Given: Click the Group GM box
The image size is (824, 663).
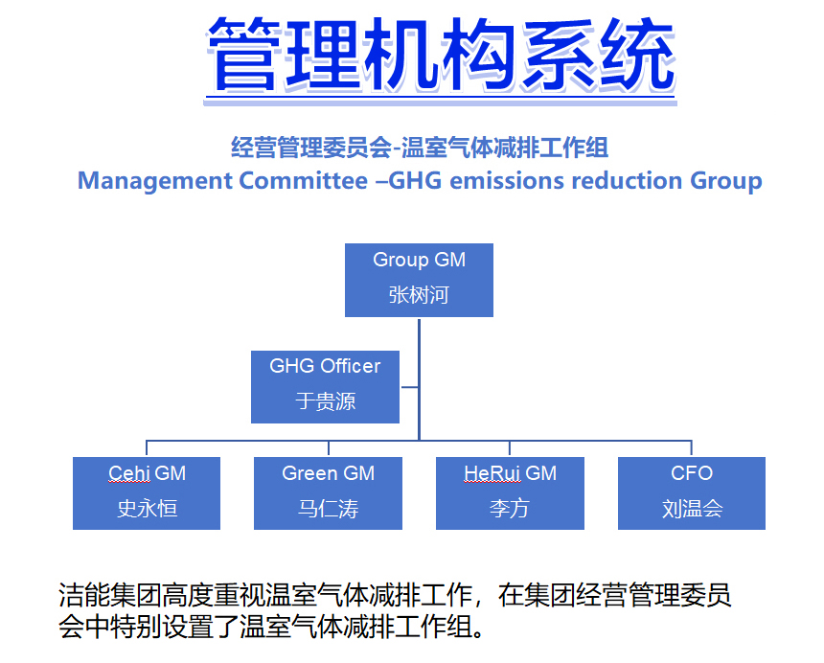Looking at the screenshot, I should [x=419, y=279].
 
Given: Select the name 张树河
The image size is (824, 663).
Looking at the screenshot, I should [x=419, y=295].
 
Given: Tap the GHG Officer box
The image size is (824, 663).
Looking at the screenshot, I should [x=325, y=386].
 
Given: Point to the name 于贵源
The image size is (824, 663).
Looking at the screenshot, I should [x=325, y=401].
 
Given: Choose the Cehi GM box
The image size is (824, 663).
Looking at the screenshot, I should [x=147, y=492].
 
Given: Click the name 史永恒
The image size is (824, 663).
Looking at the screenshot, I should [x=147, y=509].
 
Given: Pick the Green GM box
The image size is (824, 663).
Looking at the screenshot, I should [x=328, y=492].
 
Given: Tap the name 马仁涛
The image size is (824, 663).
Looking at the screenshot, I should [x=328, y=509].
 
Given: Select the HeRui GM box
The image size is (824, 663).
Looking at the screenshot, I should [x=510, y=492].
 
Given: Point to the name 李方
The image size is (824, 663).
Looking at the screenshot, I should [x=510, y=509].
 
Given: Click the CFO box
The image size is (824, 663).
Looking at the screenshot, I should [x=691, y=492].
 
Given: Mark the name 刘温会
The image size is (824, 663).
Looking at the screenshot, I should [x=691, y=509].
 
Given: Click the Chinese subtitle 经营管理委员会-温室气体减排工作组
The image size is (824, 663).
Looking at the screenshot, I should [x=420, y=148].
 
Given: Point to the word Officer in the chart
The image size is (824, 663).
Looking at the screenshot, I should [x=350, y=366].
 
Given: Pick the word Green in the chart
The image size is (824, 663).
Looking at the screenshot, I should [x=307, y=473].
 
